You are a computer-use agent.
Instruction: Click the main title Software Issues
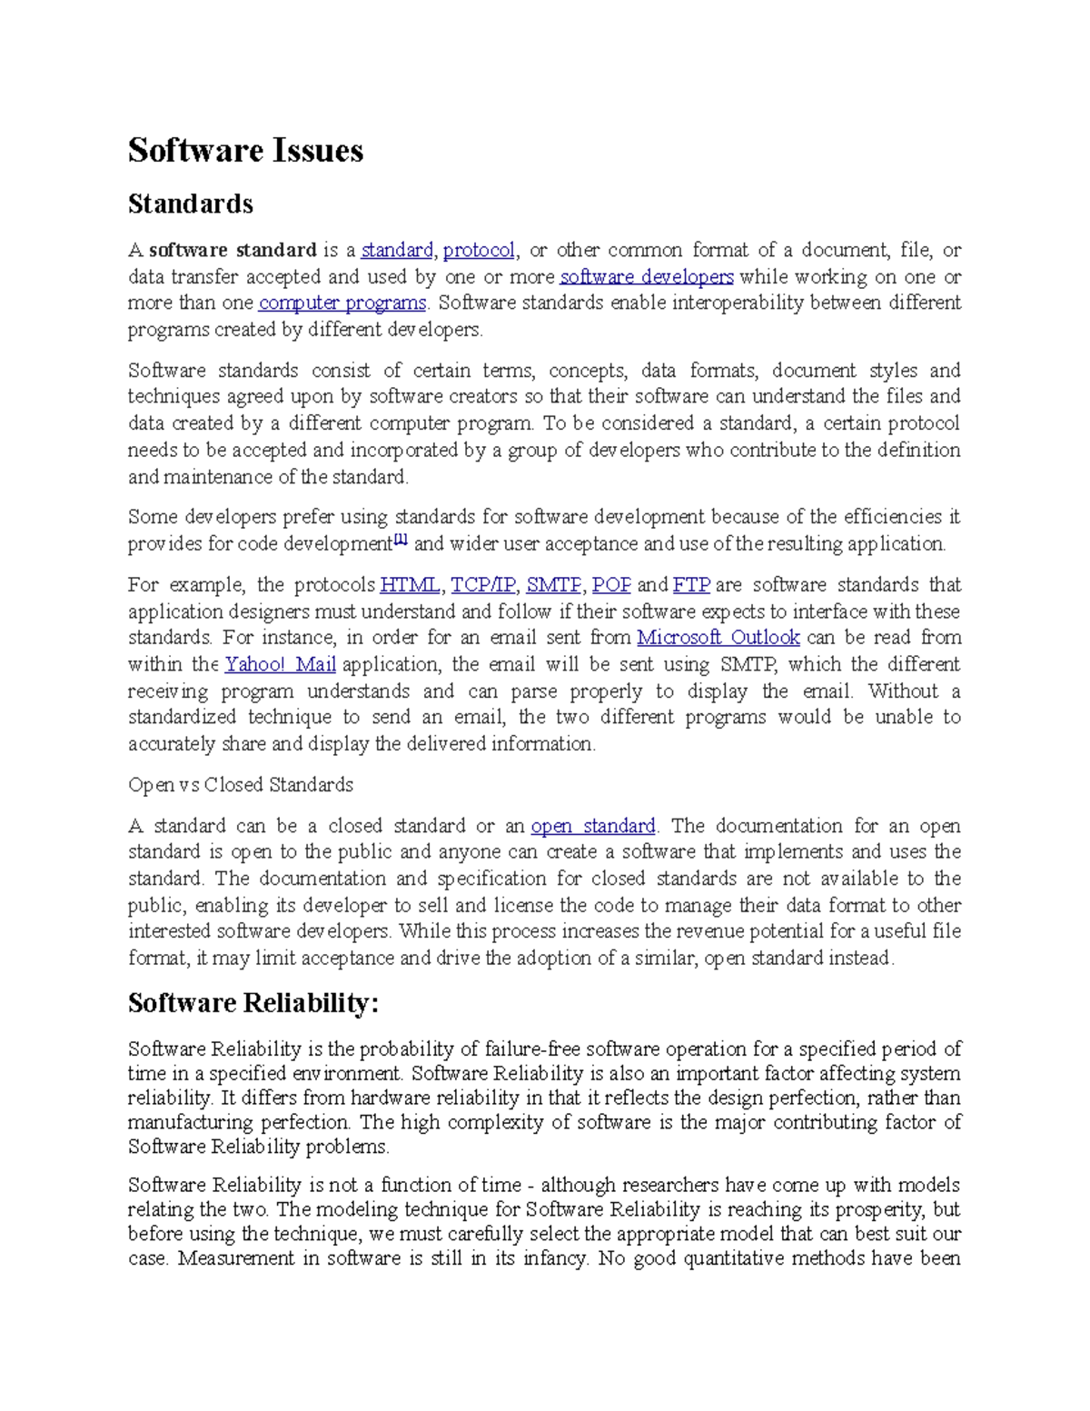click(x=245, y=150)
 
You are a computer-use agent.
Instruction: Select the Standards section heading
click(x=190, y=204)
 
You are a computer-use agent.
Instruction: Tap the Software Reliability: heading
click(x=253, y=1003)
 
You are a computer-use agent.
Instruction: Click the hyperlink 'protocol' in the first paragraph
click(x=479, y=250)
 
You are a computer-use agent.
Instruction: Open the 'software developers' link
click(x=646, y=276)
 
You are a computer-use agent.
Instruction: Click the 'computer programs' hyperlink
click(x=342, y=303)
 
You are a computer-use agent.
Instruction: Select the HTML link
click(x=410, y=584)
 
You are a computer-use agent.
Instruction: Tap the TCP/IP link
click(x=482, y=584)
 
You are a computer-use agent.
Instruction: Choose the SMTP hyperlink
click(x=553, y=584)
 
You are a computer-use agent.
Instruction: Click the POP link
click(x=610, y=584)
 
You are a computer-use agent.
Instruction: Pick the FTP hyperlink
click(x=691, y=584)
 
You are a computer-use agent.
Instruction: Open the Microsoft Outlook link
click(x=718, y=638)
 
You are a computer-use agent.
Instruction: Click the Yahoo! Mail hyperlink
click(x=281, y=664)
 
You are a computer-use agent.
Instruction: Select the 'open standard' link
click(x=592, y=826)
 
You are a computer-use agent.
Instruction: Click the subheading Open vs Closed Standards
click(x=241, y=785)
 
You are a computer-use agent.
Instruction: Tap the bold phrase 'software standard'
click(x=233, y=250)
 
